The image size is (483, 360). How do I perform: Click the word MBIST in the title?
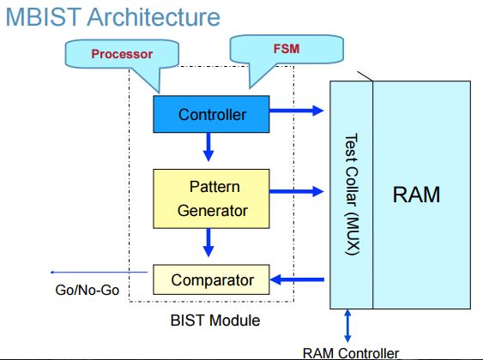pyautogui.click(x=40, y=16)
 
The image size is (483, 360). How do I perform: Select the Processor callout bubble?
pyautogui.click(x=122, y=55)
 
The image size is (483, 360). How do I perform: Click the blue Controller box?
pyautogui.click(x=212, y=114)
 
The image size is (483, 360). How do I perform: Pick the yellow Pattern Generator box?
pyautogui.click(x=212, y=197)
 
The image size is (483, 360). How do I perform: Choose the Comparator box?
pyautogui.click(x=212, y=279)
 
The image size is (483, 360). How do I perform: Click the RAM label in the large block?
pyautogui.click(x=416, y=195)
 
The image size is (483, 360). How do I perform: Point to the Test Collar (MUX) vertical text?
pyautogui.click(x=351, y=194)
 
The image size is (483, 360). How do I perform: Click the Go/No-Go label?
pyautogui.click(x=83, y=290)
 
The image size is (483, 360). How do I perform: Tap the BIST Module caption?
pyautogui.click(x=215, y=321)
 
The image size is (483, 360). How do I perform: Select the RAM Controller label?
pyautogui.click(x=351, y=352)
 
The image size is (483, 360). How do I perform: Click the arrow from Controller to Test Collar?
pyautogui.click(x=297, y=110)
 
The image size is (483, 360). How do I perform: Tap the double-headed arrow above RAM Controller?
pyautogui.click(x=347, y=326)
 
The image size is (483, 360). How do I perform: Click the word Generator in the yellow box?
pyautogui.click(x=212, y=209)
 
